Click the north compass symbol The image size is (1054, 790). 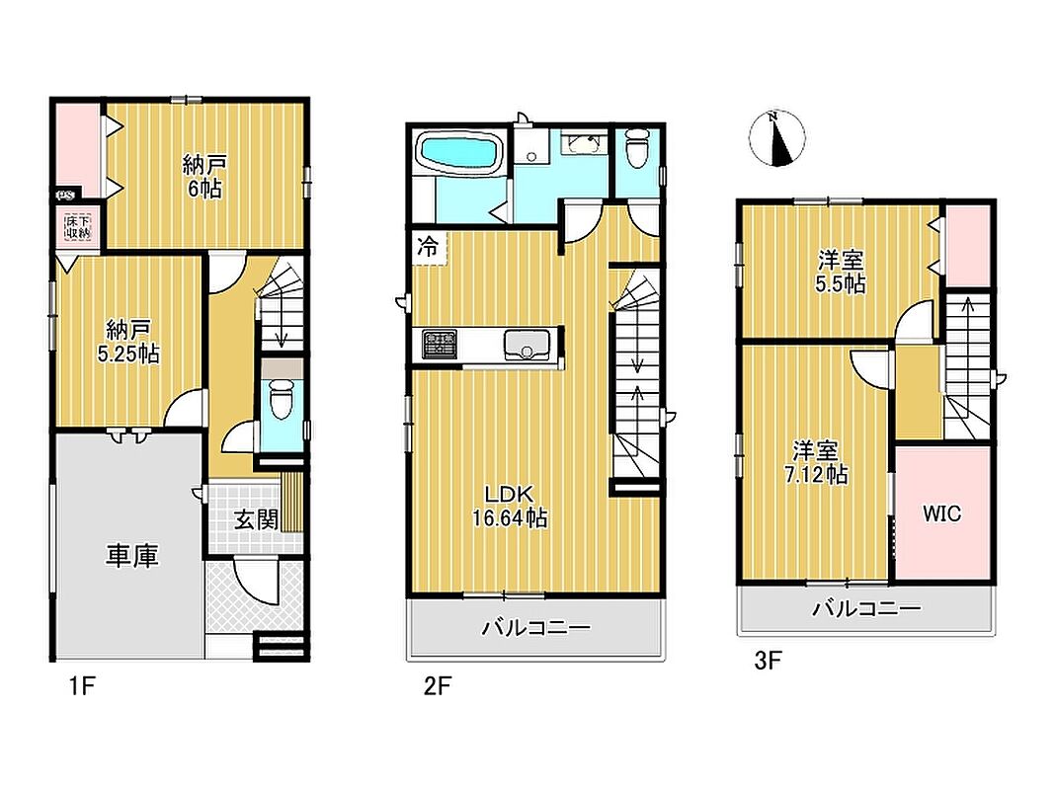[x=776, y=137]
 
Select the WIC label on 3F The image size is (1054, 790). [x=941, y=513]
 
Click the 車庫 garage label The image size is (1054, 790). [x=131, y=556]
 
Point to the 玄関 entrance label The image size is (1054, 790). [x=256, y=518]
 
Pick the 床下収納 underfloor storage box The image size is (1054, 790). [x=77, y=226]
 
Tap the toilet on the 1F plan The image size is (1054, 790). [x=282, y=400]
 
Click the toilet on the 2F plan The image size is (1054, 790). [x=637, y=148]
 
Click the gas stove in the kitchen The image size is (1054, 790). [x=439, y=344]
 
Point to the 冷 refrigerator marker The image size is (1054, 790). [x=427, y=247]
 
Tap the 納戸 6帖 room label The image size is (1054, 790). [x=204, y=176]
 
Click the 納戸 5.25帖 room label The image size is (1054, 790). [x=128, y=342]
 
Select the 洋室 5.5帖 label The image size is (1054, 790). [x=841, y=273]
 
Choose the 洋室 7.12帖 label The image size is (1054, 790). [x=816, y=462]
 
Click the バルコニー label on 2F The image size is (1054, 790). [x=535, y=628]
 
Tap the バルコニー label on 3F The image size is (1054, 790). [x=867, y=609]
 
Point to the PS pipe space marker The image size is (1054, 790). [x=65, y=196]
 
